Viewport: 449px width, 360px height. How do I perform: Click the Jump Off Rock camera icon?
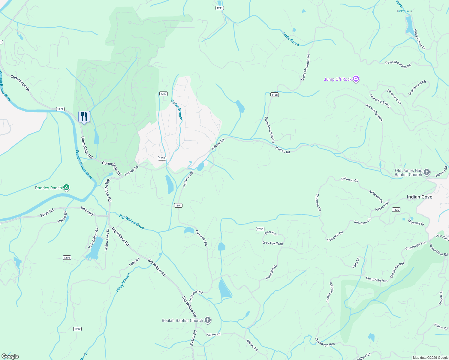(x=356, y=79)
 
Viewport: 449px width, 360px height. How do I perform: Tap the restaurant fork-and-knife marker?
(x=84, y=116)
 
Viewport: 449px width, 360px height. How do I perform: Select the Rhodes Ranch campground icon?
(x=66, y=188)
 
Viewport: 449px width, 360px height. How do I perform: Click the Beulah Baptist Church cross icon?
(x=208, y=320)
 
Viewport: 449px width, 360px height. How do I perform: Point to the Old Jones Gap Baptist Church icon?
(x=427, y=172)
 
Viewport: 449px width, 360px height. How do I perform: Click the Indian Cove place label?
(x=419, y=197)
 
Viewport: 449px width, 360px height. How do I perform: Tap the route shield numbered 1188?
(x=274, y=95)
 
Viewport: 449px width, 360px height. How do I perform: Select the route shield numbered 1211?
(x=219, y=8)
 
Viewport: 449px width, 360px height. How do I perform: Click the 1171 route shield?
(x=60, y=109)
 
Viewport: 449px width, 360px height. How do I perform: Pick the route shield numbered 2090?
(x=260, y=229)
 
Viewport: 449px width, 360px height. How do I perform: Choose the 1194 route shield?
(x=178, y=205)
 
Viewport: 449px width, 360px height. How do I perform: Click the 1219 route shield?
(x=67, y=258)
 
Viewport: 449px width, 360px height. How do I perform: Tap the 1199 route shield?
(x=77, y=329)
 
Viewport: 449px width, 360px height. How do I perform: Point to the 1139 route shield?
(x=396, y=210)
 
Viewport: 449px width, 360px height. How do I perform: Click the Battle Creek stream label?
(x=291, y=39)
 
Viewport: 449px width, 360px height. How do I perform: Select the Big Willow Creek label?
(x=132, y=222)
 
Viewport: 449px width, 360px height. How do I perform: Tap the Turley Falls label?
(x=404, y=11)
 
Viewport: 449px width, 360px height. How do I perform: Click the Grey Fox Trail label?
(x=273, y=243)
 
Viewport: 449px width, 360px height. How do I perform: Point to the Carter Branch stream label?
(x=176, y=109)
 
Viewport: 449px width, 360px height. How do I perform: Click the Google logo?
(x=10, y=356)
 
